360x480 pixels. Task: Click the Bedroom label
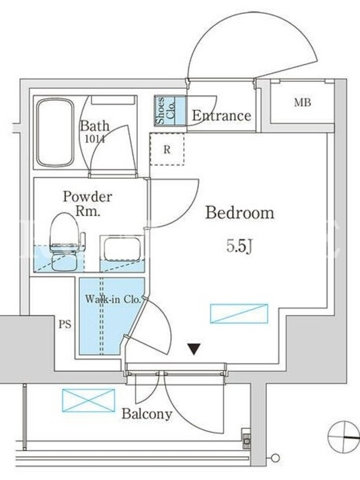click(x=239, y=213)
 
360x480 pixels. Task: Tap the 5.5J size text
click(x=239, y=246)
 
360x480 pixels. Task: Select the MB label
click(x=302, y=103)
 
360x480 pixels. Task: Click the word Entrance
click(x=221, y=116)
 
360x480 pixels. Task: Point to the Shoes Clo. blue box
click(x=170, y=110)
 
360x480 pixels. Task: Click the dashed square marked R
click(x=167, y=149)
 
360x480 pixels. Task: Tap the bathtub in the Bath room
click(x=55, y=133)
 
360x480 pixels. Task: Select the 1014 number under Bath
click(x=95, y=139)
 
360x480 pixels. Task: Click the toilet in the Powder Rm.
click(x=65, y=242)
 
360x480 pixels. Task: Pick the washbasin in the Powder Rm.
click(x=122, y=248)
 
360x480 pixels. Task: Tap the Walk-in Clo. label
click(x=113, y=299)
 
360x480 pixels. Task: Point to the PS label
click(x=65, y=324)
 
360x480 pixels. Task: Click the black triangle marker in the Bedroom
click(x=194, y=349)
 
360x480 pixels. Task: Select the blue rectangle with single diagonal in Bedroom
click(x=239, y=313)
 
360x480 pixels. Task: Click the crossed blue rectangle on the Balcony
click(x=88, y=400)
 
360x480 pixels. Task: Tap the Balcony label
click(x=147, y=414)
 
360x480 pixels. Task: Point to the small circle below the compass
click(x=275, y=458)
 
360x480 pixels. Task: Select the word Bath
click(x=95, y=126)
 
